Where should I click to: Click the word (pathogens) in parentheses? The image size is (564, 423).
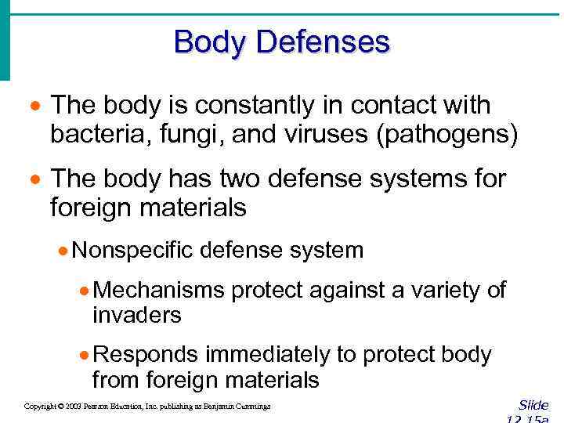pyautogui.click(x=447, y=135)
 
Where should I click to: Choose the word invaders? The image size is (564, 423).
pyautogui.click(x=136, y=315)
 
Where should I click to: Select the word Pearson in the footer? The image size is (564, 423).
pyautogui.click(x=99, y=407)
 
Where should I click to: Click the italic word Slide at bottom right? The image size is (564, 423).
pyautogui.click(x=533, y=405)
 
